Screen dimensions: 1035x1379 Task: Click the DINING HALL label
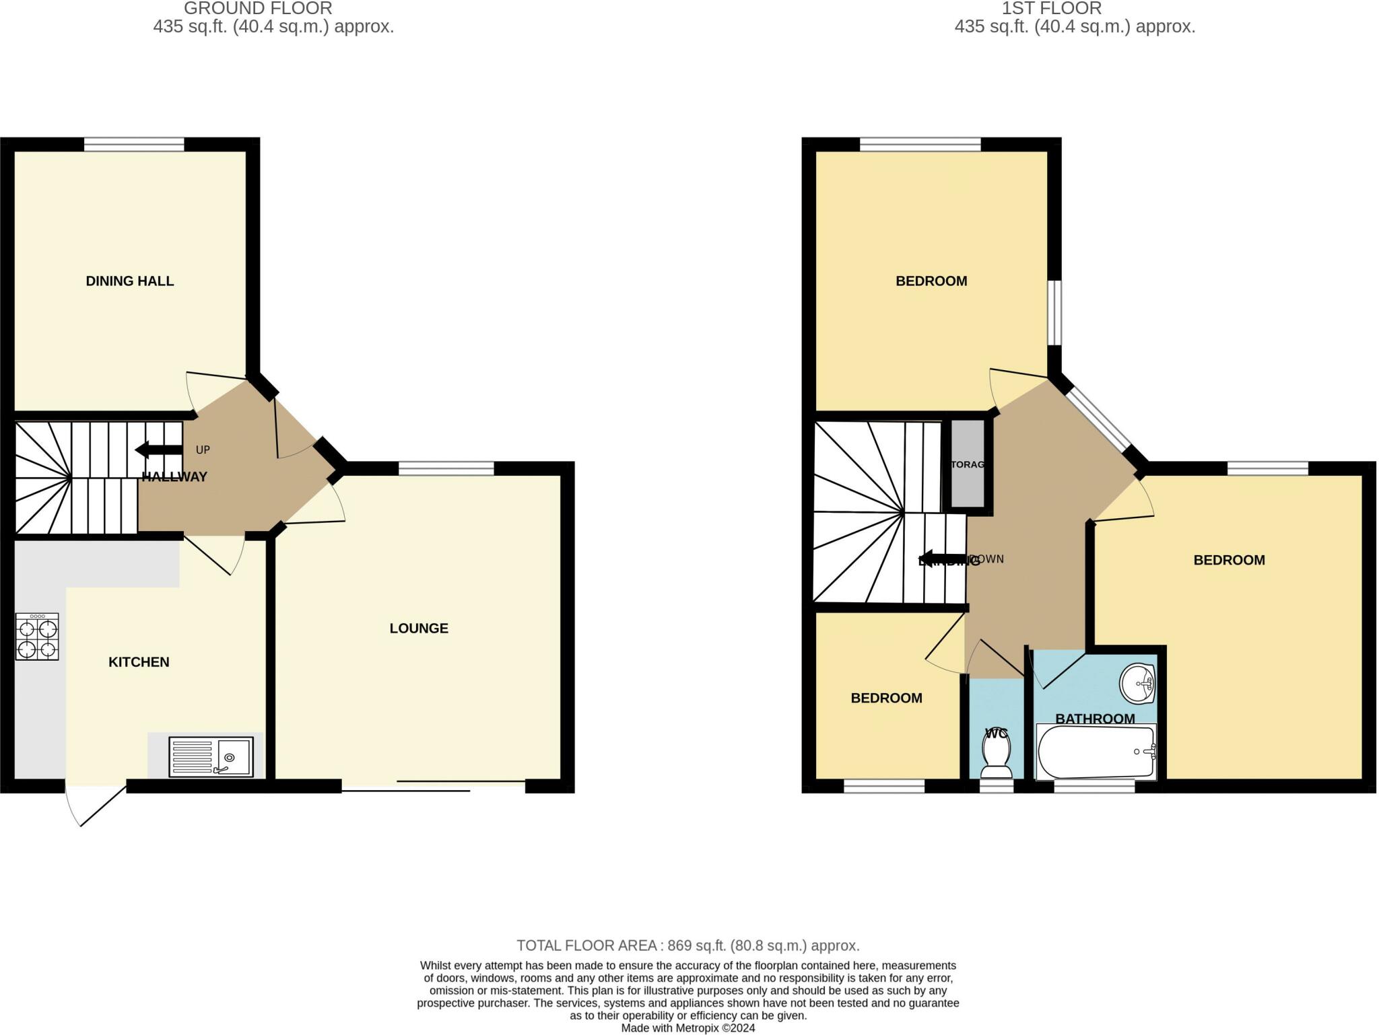coord(129,281)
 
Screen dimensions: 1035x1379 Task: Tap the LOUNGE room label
coord(418,628)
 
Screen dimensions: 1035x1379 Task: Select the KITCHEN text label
coord(139,662)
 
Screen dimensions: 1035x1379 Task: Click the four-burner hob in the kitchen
coord(38,637)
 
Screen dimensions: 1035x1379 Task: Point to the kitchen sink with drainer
coord(211,757)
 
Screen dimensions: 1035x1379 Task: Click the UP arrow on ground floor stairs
coord(158,450)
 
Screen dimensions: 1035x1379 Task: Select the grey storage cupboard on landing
coord(968,464)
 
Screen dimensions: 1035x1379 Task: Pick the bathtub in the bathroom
coord(1096,752)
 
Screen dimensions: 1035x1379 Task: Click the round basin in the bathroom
coord(1137,684)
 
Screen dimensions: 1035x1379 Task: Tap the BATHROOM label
coord(1095,718)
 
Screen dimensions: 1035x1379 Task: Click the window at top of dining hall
coord(134,144)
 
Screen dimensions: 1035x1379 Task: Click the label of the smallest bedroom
coord(886,698)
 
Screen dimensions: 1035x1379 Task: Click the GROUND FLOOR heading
coord(258,9)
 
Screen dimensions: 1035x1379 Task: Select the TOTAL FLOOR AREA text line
coord(687,945)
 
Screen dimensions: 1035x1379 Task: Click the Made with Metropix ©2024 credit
coord(687,1028)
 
